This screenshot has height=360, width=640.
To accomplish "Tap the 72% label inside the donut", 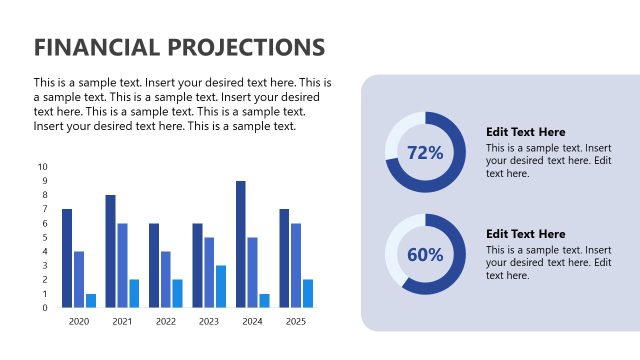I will tap(425, 153).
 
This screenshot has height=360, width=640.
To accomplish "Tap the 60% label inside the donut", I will tap(425, 255).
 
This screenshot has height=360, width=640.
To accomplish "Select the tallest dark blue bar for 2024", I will tap(241, 244).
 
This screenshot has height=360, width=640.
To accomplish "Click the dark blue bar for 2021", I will tap(110, 251).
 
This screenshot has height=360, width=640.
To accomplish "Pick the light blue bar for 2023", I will tap(221, 286).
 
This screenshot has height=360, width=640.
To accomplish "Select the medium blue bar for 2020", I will tap(79, 279).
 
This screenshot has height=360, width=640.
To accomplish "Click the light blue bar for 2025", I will tap(308, 293).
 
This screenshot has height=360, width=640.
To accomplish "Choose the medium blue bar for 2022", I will tap(166, 279).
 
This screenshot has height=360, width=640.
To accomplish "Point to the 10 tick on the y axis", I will tap(42, 167).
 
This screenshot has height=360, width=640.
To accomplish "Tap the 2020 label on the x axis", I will tap(79, 322).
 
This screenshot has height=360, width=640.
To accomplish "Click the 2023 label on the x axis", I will tap(208, 322).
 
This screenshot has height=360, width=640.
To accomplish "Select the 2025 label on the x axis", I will tap(295, 322).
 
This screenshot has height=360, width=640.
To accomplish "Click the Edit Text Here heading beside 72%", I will tap(525, 132).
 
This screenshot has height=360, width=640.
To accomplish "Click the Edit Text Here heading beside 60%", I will tap(525, 234).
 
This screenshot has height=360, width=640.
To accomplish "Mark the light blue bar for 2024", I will tap(264, 300).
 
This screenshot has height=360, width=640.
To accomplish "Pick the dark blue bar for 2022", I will tap(154, 265).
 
